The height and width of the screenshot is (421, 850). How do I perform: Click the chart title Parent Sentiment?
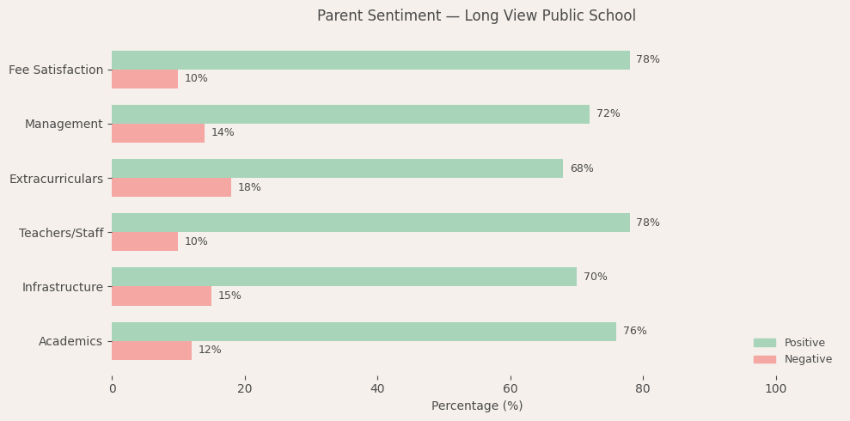476,16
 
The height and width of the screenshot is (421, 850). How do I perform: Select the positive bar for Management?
351,114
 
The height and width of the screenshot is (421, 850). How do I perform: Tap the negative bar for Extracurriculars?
171,187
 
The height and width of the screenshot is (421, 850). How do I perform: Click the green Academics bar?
364,332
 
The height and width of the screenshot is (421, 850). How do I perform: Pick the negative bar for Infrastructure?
162,296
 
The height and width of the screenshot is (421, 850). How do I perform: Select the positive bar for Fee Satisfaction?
370,60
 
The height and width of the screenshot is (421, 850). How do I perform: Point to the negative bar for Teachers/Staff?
144,241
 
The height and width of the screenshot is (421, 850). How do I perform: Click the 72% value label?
608,114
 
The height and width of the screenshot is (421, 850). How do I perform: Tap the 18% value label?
249,187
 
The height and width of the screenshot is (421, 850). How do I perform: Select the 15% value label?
229,296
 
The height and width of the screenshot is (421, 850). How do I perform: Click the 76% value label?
634,332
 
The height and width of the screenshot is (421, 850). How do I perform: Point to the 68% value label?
581,168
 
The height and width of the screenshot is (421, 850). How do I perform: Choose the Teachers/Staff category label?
61,233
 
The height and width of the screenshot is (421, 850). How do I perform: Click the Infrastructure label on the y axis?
63,287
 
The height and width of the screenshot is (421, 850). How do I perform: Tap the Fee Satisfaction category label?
56,70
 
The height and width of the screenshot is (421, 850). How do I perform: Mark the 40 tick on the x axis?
377,389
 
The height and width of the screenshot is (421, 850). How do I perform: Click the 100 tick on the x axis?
775,389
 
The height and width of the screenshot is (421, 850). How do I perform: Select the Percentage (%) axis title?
476,406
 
